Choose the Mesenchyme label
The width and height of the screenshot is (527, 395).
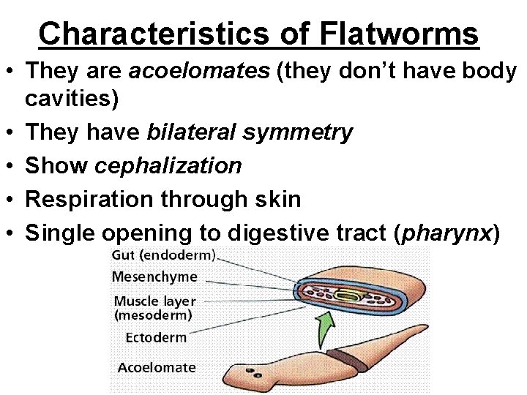[154, 277]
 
